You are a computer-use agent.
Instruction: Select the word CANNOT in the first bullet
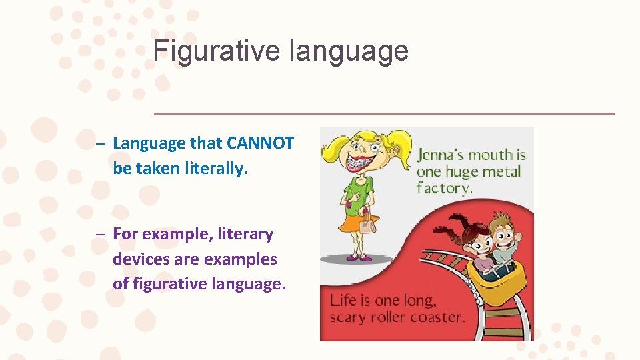260,143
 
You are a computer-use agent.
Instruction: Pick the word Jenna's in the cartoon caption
441,156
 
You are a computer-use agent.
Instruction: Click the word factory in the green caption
444,188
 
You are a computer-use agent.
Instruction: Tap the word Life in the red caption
343,300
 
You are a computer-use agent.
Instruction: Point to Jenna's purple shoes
357,257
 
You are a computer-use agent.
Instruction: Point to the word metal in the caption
501,172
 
